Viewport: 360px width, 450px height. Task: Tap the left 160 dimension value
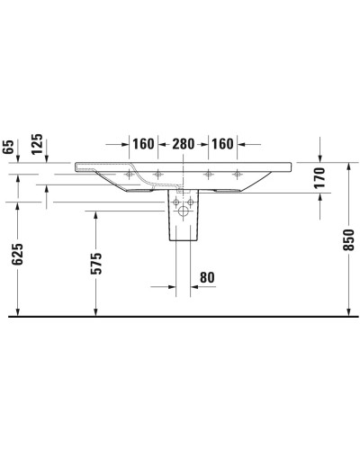142,143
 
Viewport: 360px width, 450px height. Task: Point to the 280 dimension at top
184,143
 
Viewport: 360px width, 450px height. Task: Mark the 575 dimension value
96,263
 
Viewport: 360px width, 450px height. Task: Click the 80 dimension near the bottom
207,278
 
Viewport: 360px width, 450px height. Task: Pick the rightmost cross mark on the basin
238,174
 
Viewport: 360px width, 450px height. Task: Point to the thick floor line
180,317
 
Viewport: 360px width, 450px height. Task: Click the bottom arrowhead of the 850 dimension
349,311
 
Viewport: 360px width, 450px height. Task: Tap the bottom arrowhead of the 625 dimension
17,311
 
